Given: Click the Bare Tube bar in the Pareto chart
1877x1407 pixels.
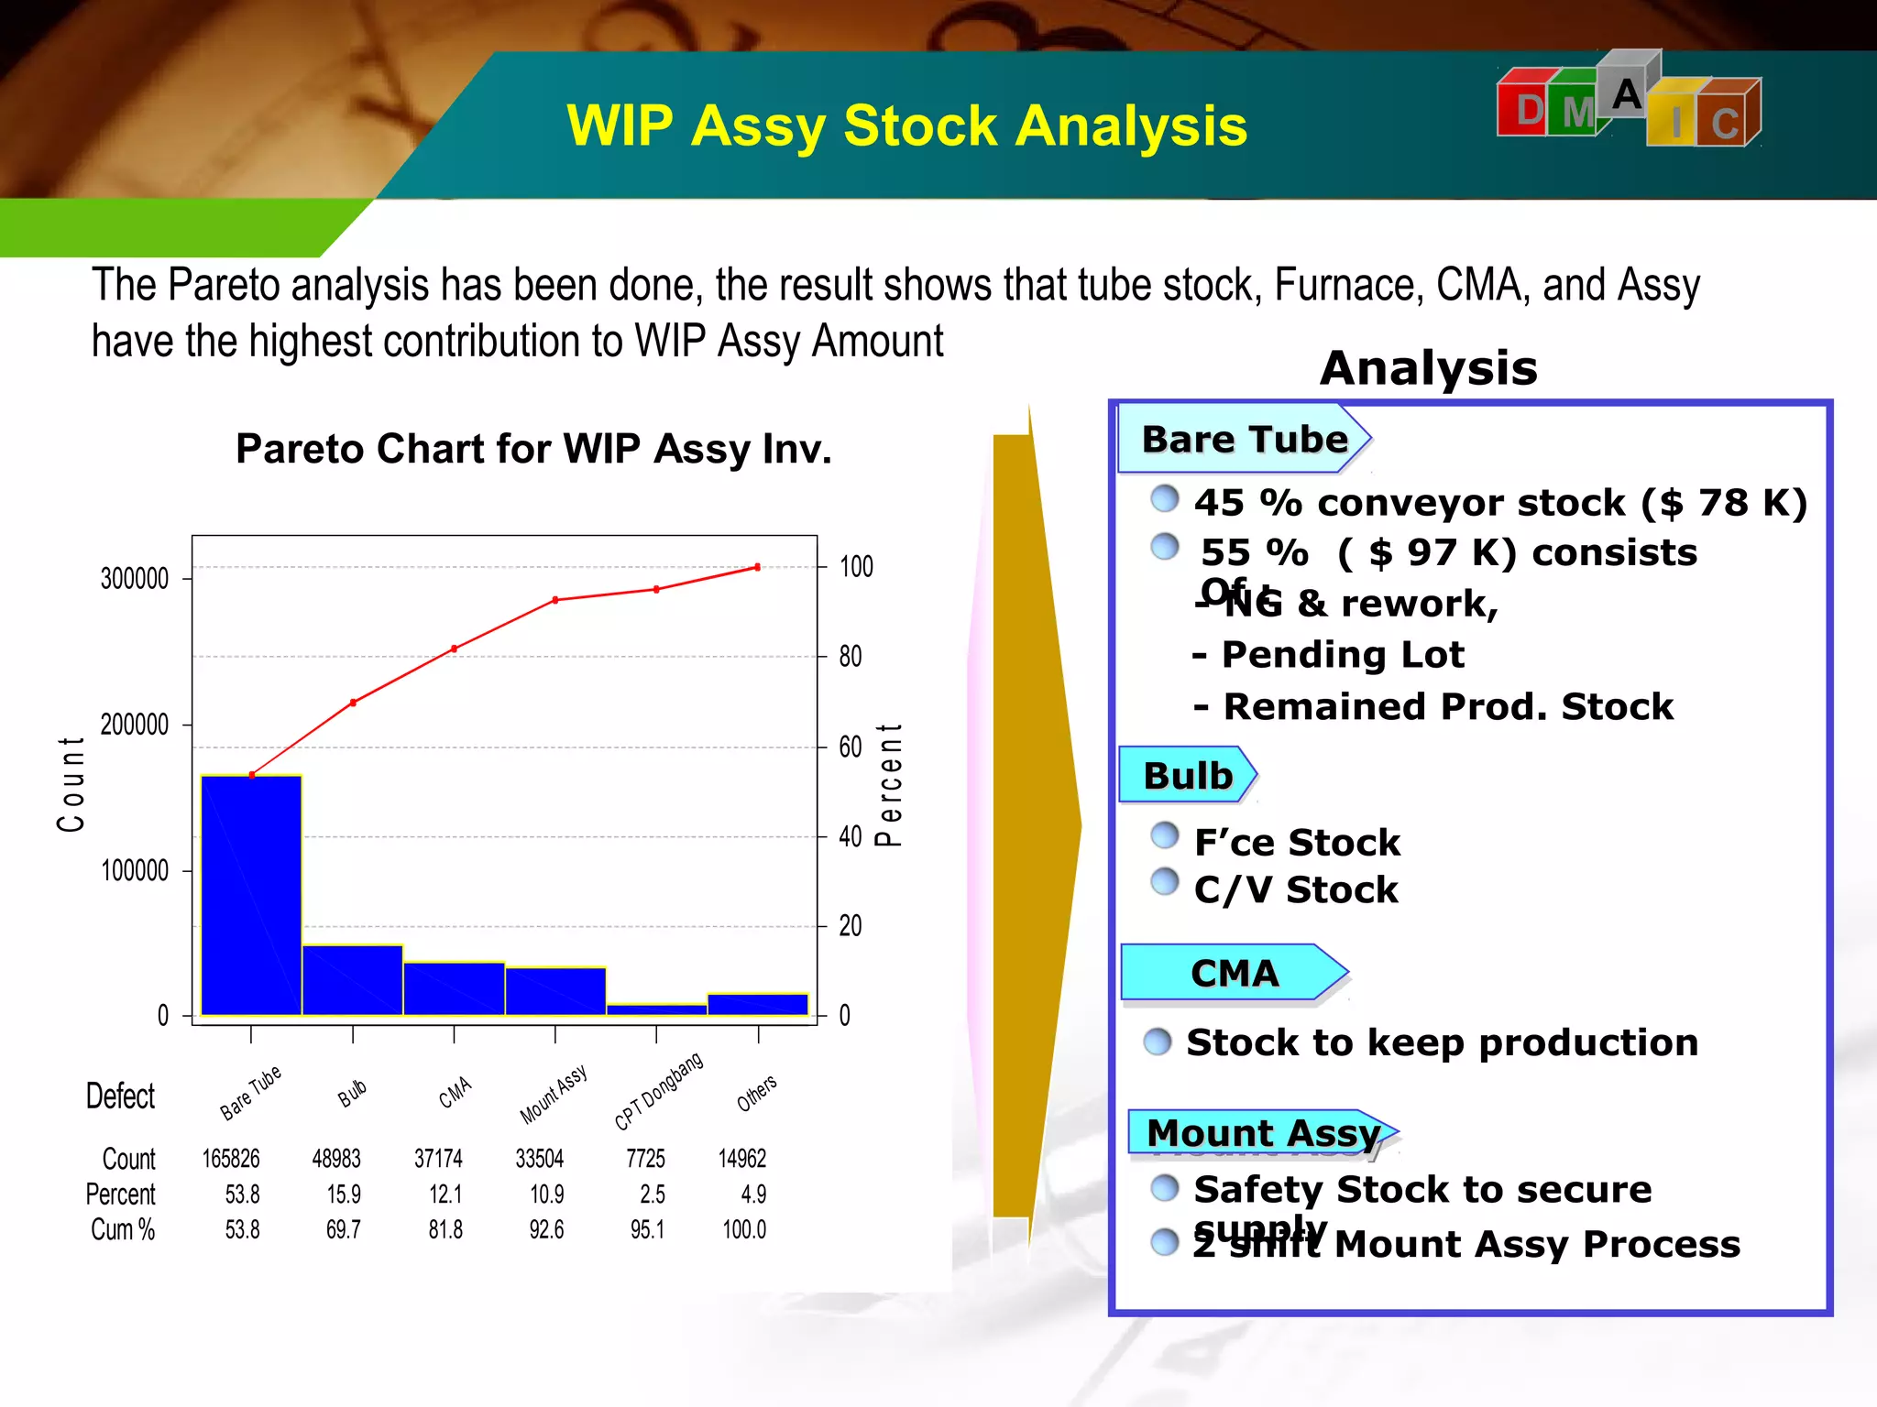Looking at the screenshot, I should coord(251,895).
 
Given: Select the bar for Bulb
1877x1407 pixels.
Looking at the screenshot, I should coord(353,980).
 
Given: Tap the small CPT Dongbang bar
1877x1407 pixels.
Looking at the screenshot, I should coord(656,1009).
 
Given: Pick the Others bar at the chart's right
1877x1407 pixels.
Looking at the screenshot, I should coord(758,1004).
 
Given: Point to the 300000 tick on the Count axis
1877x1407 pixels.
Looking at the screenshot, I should coord(135,579).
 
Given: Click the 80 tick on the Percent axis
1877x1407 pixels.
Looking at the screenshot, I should coord(851,657).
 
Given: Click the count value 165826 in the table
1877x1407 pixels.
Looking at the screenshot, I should coord(231,1159).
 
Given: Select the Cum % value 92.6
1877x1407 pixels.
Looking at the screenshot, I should coord(546,1229).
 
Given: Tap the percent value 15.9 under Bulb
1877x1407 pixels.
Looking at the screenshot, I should coord(344,1194).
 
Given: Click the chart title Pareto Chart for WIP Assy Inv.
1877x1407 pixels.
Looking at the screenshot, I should coord(533,449).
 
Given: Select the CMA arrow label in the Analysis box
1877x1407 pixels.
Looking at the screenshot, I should coord(1234,973).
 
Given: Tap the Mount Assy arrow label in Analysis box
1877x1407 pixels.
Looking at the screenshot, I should coord(1263,1133).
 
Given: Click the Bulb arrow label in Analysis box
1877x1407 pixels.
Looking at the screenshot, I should coord(1188,776).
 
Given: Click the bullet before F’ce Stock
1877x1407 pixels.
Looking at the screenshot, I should coord(1165,834).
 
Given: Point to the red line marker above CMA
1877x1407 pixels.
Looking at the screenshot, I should coord(455,649).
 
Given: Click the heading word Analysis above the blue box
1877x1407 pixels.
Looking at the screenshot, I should coord(1429,368).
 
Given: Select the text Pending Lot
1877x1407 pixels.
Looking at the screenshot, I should coord(1343,655).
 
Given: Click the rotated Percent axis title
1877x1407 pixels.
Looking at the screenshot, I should coord(889,784).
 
